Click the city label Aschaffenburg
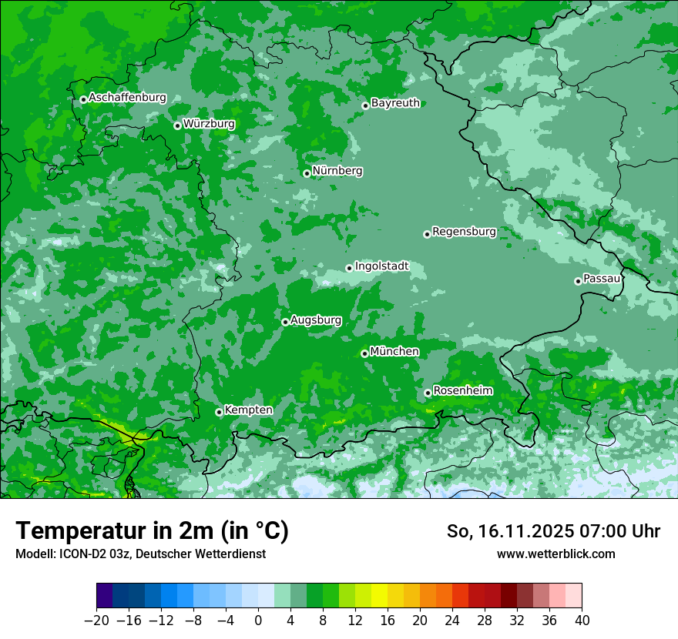[127, 98]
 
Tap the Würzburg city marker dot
[177, 125]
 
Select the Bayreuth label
[395, 103]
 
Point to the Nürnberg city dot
[307, 173]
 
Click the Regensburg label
[464, 232]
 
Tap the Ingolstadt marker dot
[349, 268]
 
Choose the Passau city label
[602, 278]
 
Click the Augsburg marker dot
[285, 322]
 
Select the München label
[394, 352]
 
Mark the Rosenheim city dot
[428, 393]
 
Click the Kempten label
[248, 410]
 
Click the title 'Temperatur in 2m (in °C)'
[152, 531]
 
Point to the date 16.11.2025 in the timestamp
[524, 531]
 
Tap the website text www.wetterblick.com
[555, 554]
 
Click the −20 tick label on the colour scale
[96, 621]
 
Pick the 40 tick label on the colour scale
[582, 621]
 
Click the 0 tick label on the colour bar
[258, 621]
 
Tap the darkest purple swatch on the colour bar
[104, 596]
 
